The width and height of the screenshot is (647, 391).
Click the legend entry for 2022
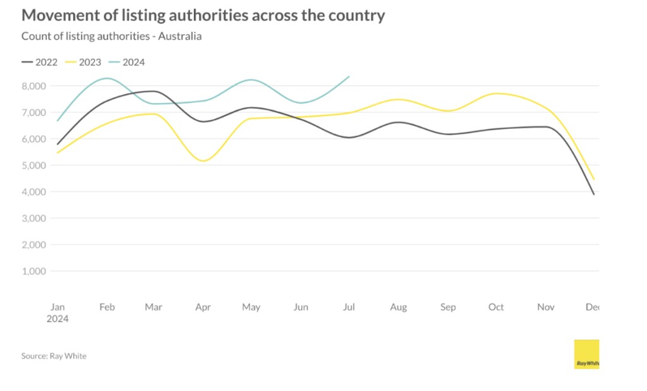tap(39, 62)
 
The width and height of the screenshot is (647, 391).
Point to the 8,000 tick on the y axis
tap(33, 86)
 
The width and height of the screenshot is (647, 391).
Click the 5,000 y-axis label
tap(33, 165)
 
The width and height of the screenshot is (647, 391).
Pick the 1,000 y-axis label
tap(33, 271)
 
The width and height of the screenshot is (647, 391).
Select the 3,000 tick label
tap(33, 218)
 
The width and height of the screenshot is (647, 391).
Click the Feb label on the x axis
tap(107, 307)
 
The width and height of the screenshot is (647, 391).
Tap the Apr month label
tap(203, 307)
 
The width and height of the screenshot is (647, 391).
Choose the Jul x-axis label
tap(349, 307)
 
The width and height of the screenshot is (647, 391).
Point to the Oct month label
tap(496, 307)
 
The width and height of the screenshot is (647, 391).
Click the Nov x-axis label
tap(545, 307)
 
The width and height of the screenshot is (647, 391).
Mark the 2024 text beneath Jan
tap(57, 319)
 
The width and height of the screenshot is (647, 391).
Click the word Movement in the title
tap(59, 15)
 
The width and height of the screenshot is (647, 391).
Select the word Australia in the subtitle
tap(181, 36)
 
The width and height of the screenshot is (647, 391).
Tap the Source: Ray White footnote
tap(54, 356)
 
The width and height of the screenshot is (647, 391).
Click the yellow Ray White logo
tap(586, 354)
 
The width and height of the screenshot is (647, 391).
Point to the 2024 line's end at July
tap(349, 76)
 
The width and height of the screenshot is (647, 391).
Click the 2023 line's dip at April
tap(203, 160)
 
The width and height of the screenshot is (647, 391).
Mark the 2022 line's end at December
tap(594, 195)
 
